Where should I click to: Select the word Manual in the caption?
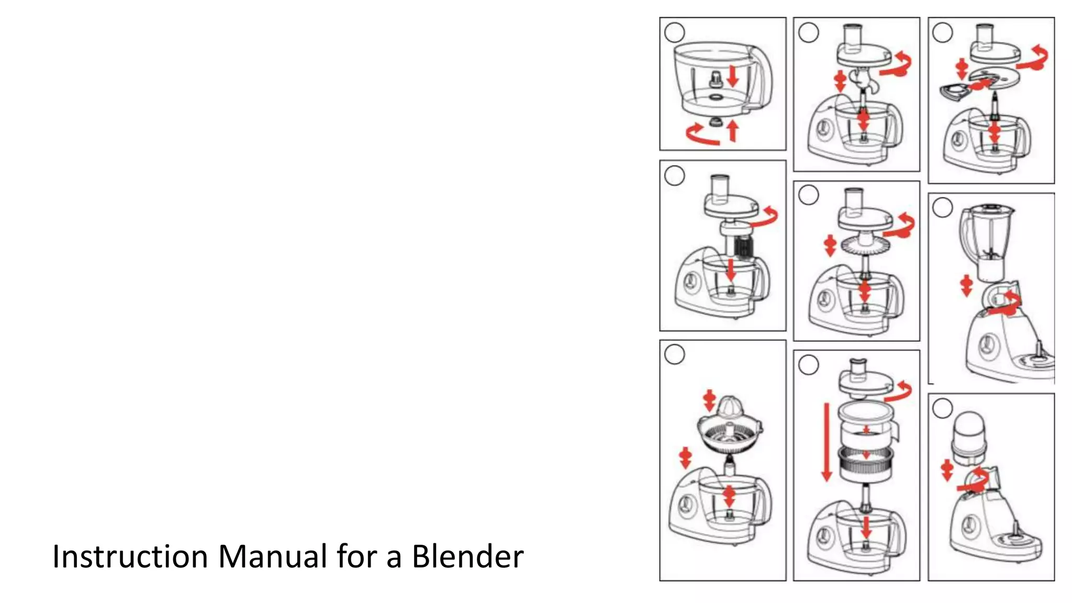(x=273, y=556)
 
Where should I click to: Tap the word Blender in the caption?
(x=467, y=556)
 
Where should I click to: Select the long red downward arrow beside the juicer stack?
(x=827, y=442)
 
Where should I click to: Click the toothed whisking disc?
(x=865, y=244)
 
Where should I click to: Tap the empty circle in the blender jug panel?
(x=943, y=208)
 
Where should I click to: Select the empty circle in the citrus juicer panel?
(x=674, y=354)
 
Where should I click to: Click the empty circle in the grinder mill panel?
(x=943, y=408)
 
